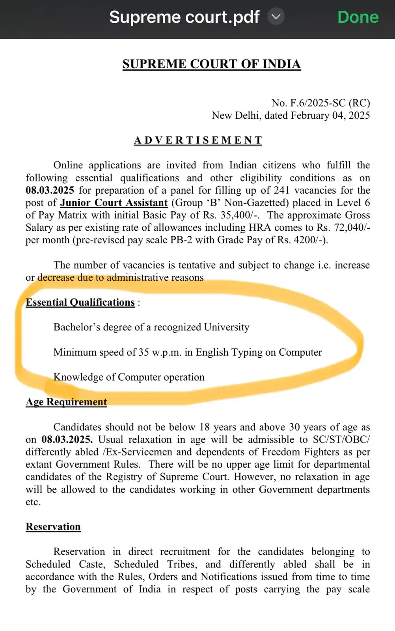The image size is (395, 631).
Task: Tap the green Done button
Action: [x=358, y=17]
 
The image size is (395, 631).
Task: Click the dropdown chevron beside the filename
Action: [x=276, y=17]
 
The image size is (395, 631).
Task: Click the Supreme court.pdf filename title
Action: [x=184, y=17]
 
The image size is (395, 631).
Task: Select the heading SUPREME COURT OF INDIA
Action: [x=211, y=64]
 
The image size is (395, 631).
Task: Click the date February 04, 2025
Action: [x=330, y=116]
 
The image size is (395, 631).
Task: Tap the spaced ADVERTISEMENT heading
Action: [x=198, y=140]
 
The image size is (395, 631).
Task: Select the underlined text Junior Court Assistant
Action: [x=114, y=203]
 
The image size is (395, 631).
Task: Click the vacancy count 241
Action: [x=281, y=190]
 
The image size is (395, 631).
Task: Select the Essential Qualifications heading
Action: [x=80, y=302]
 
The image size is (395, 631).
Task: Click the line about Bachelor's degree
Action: [x=151, y=327]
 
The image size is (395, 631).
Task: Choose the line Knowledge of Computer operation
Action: [x=129, y=377]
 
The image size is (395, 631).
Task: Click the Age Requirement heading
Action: [x=66, y=402]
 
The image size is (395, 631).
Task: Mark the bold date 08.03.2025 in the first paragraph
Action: [x=50, y=190]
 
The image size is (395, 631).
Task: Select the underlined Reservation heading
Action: [x=53, y=527]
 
